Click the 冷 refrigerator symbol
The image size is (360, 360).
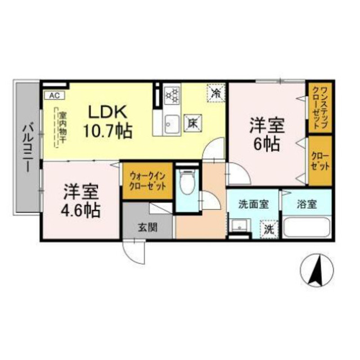[215, 93]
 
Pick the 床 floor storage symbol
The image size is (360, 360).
[192, 123]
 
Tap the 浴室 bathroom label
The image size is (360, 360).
[306, 204]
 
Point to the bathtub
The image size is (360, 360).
[307, 228]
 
